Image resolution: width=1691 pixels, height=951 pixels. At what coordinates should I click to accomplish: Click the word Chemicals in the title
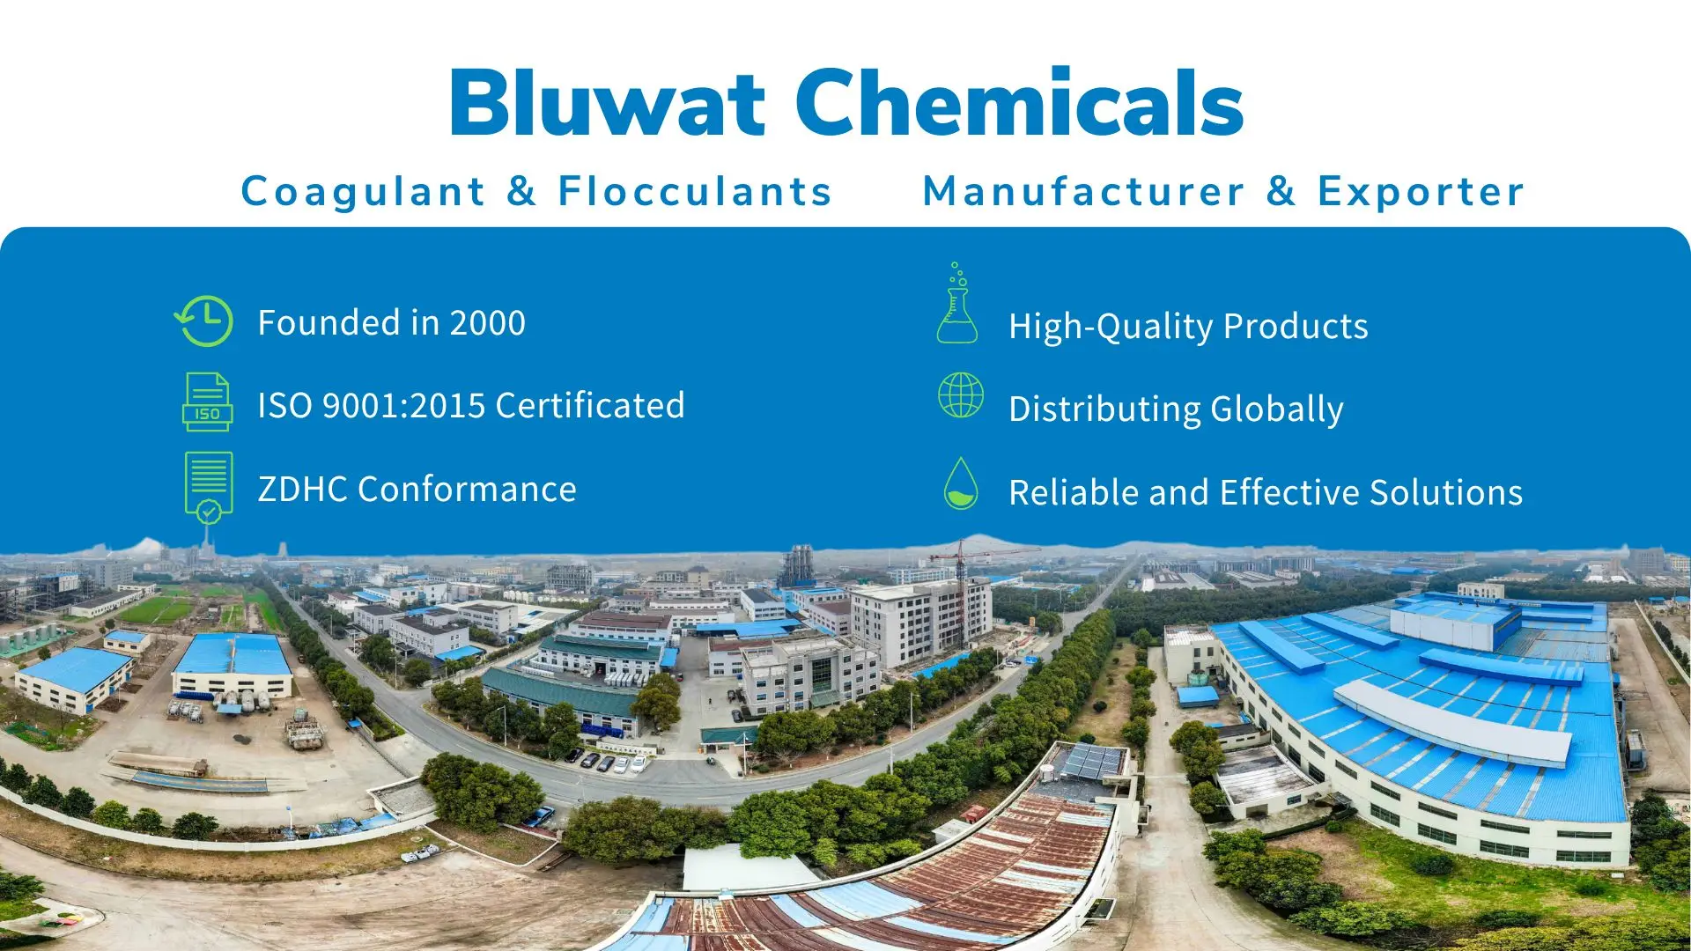click(x=1020, y=104)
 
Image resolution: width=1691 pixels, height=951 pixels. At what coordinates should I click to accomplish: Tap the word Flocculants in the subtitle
click(x=695, y=191)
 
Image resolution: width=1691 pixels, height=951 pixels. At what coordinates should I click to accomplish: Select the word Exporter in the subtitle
click(x=1421, y=191)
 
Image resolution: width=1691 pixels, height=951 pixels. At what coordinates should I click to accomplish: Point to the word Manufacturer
click(x=1083, y=191)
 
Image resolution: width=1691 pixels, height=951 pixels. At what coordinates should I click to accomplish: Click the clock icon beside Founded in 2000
click(x=205, y=321)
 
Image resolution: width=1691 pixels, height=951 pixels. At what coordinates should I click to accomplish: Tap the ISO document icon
click(x=207, y=402)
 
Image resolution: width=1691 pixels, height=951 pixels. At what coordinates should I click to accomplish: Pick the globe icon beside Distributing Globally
click(x=960, y=394)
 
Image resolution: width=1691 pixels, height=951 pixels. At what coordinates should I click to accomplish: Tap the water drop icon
click(x=960, y=483)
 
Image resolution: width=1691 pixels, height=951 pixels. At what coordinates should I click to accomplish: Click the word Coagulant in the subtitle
click(x=363, y=191)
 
